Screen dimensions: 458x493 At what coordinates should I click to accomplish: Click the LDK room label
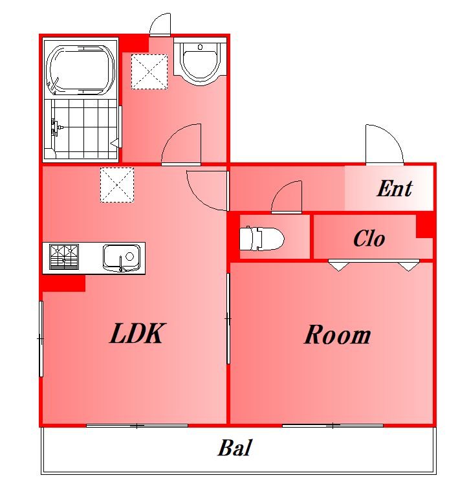[137, 333]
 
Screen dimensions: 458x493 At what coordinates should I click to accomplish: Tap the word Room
[337, 334]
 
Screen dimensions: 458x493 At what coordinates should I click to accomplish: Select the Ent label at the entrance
[395, 188]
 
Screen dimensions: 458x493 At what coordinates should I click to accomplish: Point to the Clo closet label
[369, 238]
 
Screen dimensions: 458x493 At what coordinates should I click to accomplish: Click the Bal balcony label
[235, 448]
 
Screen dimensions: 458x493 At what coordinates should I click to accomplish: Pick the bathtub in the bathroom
[80, 70]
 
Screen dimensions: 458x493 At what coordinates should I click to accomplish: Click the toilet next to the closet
[261, 239]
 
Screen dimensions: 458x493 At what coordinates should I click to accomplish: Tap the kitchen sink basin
[122, 257]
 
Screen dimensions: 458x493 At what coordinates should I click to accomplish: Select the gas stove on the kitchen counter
[64, 257]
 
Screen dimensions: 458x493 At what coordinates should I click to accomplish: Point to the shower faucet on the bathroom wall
[56, 127]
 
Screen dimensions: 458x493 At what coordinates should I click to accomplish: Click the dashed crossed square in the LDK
[117, 185]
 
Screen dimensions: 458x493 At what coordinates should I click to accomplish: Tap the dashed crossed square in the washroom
[149, 72]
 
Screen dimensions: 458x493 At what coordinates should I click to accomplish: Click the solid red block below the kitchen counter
[63, 283]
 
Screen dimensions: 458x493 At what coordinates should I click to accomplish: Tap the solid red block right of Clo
[425, 225]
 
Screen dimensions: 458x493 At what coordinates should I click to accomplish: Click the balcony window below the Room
[333, 426]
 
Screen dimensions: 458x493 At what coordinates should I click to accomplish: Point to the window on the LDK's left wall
[41, 338]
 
